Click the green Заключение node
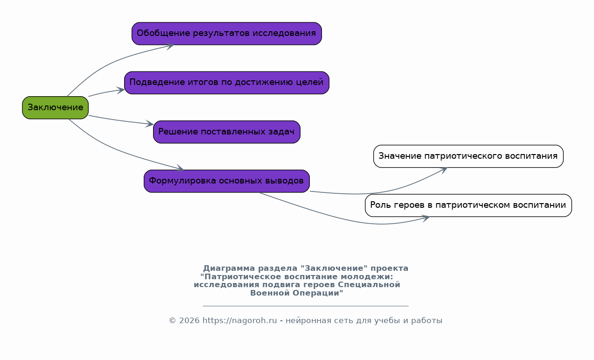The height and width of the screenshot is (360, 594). point(55,108)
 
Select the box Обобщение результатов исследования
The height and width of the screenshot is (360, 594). point(227,34)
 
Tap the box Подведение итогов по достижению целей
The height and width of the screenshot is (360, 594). point(227,83)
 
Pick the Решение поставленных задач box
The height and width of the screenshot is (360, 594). point(227,132)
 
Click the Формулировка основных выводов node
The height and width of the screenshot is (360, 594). point(227,181)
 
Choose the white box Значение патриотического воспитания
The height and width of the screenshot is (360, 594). point(468,156)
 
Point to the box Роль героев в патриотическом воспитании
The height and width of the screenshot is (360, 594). point(468,205)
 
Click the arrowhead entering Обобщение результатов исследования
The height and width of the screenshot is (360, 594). point(170,46)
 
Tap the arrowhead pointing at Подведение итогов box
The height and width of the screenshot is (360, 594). point(121,90)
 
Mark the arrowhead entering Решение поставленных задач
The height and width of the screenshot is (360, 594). point(150,124)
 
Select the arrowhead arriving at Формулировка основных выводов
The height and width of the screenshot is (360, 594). point(180,168)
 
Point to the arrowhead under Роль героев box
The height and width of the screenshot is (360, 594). point(426,219)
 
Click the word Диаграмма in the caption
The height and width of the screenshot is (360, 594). point(229,268)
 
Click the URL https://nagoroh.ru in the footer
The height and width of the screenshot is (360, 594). point(240,320)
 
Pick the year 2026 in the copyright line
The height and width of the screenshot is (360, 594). point(189,320)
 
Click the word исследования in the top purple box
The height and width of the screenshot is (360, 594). point(284,33)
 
